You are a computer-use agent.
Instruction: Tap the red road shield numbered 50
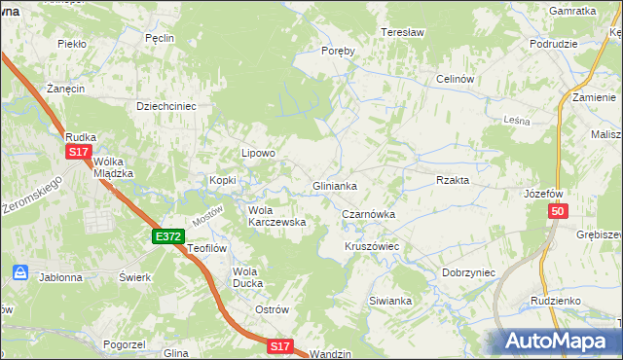[557, 212]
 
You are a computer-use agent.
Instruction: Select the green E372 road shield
[167, 236]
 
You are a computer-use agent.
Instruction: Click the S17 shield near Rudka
[80, 153]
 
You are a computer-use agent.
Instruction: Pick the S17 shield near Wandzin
[280, 346]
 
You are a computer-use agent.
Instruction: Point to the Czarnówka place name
[368, 214]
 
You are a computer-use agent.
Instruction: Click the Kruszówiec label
[372, 247]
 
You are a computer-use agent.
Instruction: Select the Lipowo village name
[259, 153]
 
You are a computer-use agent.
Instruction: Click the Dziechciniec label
[166, 106]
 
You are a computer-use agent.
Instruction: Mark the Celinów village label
[455, 79]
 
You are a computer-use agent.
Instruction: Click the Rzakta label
[453, 180]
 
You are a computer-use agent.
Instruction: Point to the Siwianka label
[392, 301]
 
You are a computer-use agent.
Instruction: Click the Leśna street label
[515, 119]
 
